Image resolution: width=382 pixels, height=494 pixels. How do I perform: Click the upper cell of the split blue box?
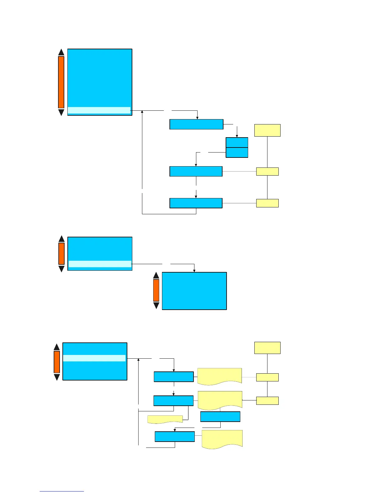237,143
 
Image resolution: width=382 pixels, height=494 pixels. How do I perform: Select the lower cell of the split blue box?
237,153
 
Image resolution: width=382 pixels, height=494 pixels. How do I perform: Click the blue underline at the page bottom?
62,491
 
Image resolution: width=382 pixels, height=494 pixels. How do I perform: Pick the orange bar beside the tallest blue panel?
61,82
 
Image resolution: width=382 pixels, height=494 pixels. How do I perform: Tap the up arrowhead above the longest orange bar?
61,52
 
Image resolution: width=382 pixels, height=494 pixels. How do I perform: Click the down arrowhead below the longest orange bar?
61,112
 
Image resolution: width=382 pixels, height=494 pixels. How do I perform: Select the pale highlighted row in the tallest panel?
99,110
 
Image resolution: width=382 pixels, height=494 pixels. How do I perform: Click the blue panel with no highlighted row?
194,291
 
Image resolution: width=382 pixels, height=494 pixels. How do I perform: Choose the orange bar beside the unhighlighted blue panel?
156,290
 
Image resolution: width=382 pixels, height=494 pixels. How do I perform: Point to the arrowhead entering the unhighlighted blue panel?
194,270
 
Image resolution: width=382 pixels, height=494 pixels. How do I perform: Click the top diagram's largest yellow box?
267,130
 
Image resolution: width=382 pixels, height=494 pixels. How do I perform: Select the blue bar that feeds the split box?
196,124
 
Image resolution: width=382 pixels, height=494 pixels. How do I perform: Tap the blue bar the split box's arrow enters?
196,171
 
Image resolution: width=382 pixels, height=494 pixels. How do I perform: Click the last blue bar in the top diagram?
196,203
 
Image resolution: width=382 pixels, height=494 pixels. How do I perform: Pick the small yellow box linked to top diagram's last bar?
267,203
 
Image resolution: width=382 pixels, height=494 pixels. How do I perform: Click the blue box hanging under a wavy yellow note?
220,417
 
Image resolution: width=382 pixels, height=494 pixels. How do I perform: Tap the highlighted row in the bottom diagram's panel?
94,358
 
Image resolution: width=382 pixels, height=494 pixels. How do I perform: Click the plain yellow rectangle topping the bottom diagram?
267,348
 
